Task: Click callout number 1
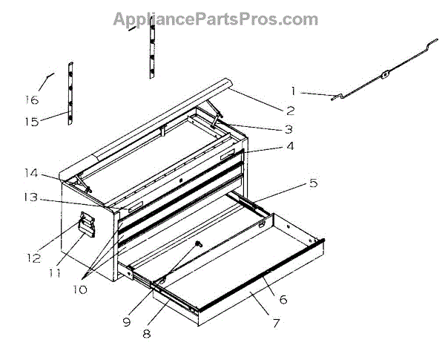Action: pos(294,91)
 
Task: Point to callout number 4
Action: pos(289,146)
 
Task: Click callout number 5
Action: pos(313,182)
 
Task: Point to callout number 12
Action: pos(33,258)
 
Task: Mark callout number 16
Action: pos(30,99)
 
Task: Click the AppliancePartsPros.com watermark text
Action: pos(215,19)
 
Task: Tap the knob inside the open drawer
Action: pos(198,244)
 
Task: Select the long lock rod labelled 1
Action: pos(386,75)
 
